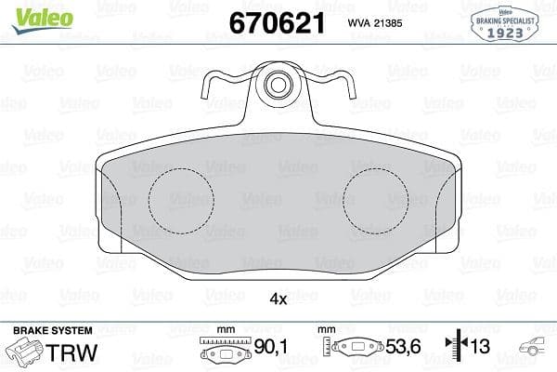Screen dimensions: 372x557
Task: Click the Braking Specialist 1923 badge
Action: click(508, 24)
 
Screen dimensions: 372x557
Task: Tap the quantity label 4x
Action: click(278, 299)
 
